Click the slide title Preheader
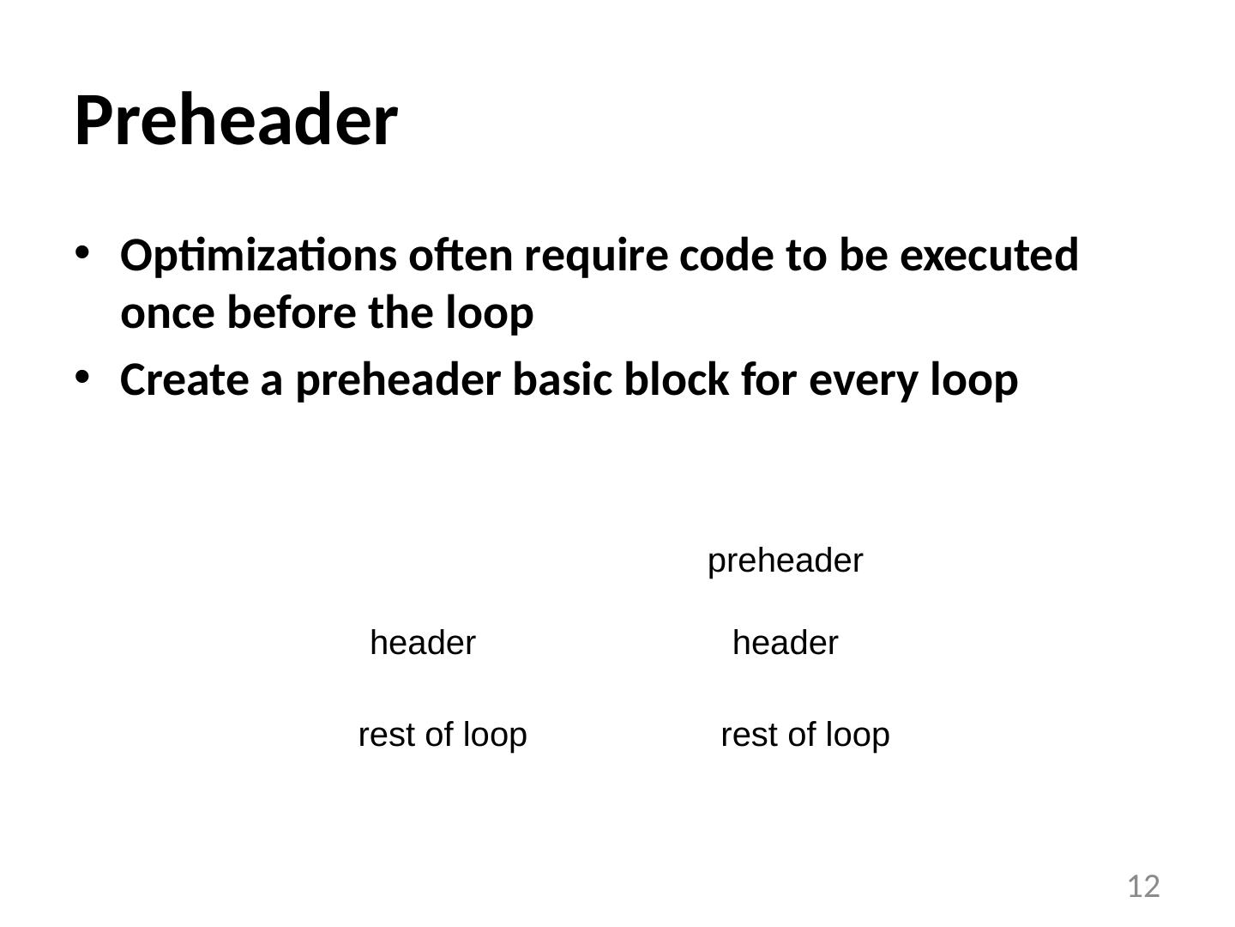(236, 121)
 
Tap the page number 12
(1142, 886)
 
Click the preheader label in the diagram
(785, 561)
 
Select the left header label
(423, 643)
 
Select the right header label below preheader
(785, 643)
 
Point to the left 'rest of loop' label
(442, 735)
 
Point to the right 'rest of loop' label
(804, 735)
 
